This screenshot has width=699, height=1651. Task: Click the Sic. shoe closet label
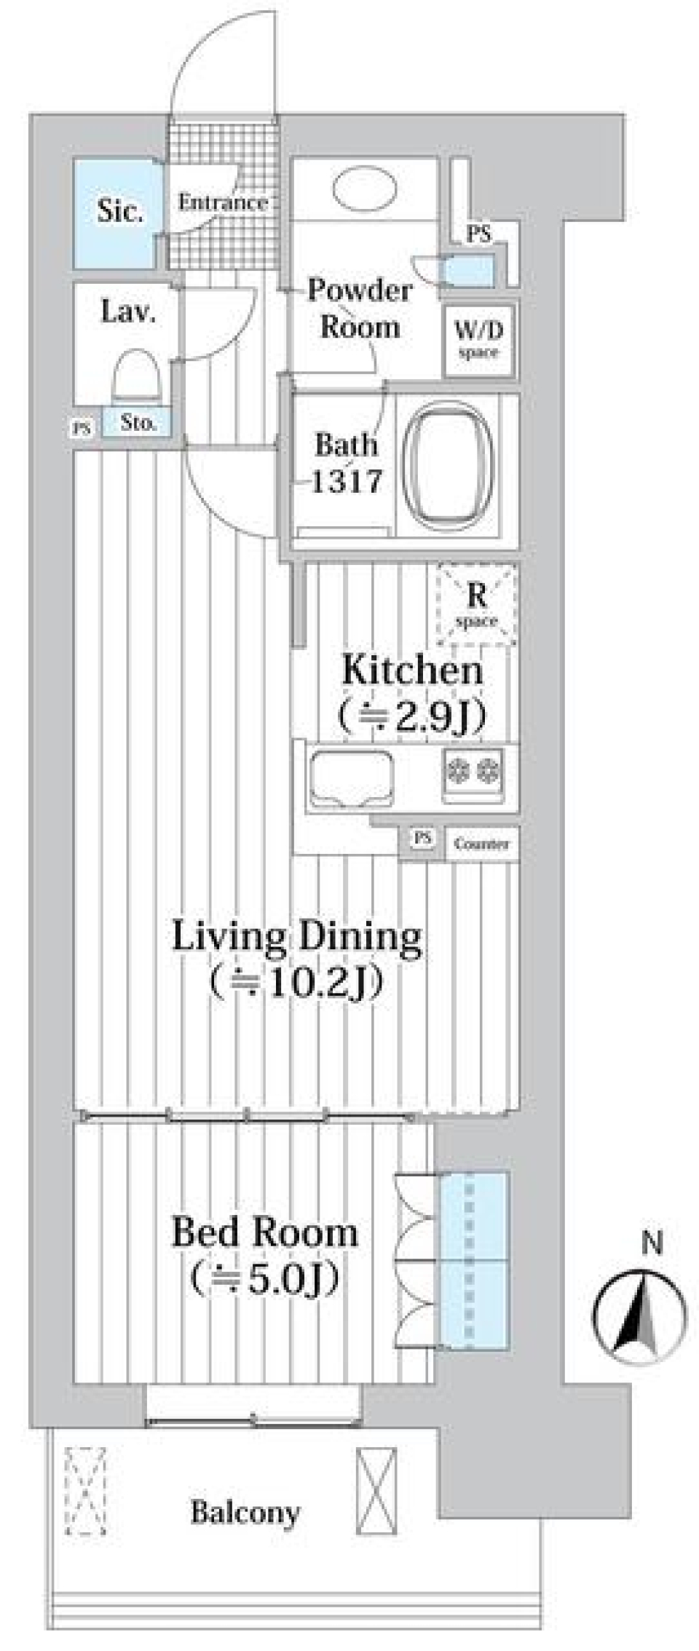tap(120, 211)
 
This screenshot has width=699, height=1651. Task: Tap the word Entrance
tap(222, 202)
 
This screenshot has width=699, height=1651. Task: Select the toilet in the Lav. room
tap(136, 376)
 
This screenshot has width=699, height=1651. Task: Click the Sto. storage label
tap(137, 422)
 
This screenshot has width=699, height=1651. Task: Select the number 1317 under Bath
tap(347, 481)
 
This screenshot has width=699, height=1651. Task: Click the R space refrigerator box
tap(476, 605)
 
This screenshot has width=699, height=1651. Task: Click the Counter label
tap(481, 844)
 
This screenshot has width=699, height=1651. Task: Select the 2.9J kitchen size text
tap(412, 718)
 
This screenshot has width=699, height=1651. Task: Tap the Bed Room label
tap(265, 1232)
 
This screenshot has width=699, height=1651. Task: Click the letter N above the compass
tap(652, 1243)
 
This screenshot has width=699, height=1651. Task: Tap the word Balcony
tap(245, 1513)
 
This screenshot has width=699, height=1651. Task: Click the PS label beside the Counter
tap(422, 839)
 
